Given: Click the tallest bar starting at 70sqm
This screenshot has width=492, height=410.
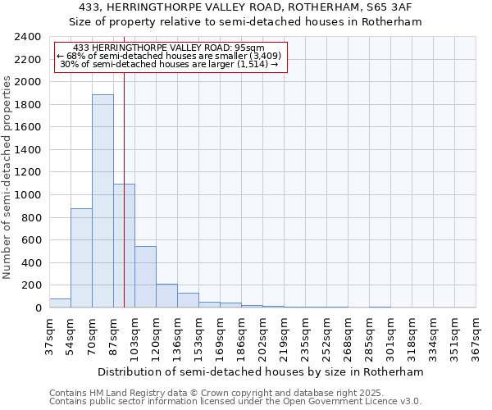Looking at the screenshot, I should [102, 201].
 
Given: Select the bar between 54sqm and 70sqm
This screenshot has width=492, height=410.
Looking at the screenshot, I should [81, 257].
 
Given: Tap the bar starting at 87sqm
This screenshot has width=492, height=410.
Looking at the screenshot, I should [124, 245].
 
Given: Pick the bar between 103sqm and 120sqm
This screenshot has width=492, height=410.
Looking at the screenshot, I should [145, 276].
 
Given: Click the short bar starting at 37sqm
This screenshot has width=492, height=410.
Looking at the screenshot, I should [60, 303].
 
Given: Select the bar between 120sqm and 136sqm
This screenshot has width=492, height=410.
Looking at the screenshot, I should [166, 295].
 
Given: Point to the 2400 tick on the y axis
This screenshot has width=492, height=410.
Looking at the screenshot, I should [29, 37].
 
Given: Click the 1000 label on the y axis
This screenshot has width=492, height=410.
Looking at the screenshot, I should [29, 195].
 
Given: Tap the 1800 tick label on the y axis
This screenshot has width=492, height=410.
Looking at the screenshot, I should [29, 105].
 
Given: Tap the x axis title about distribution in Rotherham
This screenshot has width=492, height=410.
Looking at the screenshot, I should [262, 371].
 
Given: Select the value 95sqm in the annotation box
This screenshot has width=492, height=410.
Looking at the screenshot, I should [248, 48].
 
